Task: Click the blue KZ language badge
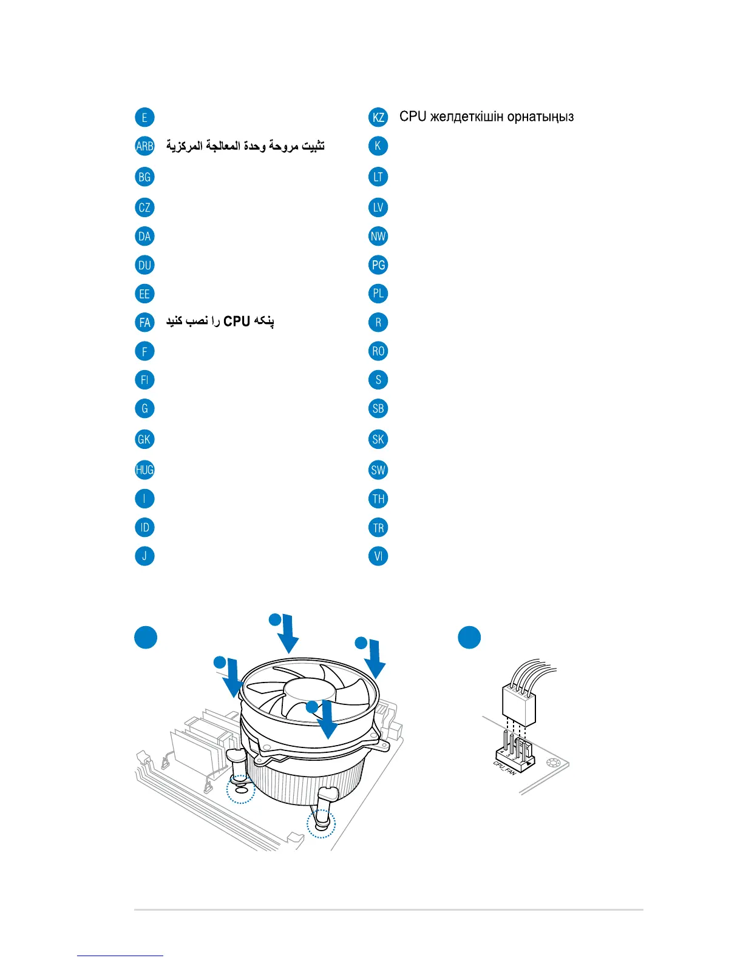[378, 117]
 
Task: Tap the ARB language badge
[144, 146]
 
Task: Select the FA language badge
[144, 322]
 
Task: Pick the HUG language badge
[144, 470]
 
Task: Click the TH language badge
[378, 499]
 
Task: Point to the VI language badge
[378, 556]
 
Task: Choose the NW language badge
[378, 236]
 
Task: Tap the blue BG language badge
[144, 177]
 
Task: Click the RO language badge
[378, 351]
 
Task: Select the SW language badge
[378, 470]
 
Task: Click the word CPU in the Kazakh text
[413, 116]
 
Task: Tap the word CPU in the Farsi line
[237, 321]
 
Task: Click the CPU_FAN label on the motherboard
[505, 768]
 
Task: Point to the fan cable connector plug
[518, 704]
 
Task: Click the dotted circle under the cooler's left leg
[240, 789]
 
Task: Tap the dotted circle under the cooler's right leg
[321, 823]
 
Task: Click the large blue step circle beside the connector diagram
[469, 638]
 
